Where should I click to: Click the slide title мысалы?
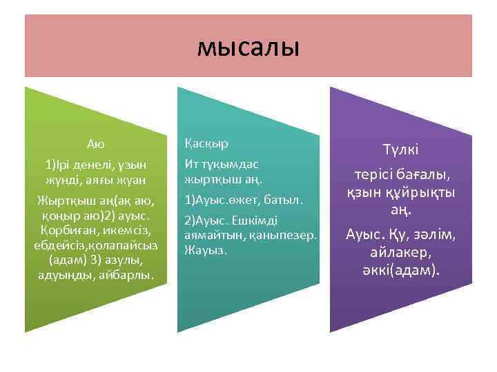(248, 48)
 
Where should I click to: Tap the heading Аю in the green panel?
(96, 144)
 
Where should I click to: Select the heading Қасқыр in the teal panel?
(206, 144)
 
